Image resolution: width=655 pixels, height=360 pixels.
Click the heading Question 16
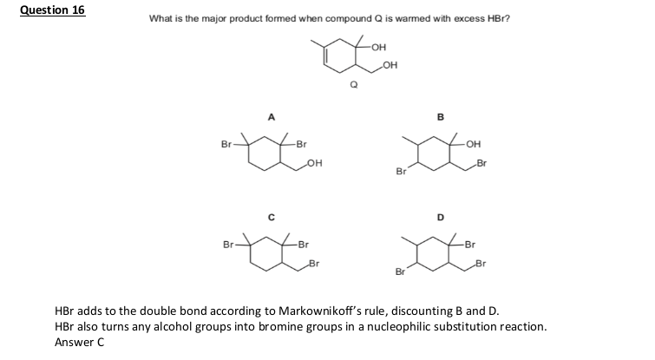(53, 10)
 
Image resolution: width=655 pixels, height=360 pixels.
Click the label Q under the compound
(354, 85)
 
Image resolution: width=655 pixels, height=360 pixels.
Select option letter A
(272, 117)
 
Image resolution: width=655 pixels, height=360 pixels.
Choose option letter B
(441, 117)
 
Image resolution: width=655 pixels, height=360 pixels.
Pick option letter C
(272, 218)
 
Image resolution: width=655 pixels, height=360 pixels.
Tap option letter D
(441, 218)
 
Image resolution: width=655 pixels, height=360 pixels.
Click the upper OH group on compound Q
(378, 47)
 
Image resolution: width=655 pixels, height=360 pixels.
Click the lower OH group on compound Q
(390, 65)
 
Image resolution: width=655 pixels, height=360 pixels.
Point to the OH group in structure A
(315, 163)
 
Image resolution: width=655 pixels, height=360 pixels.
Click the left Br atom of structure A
(226, 145)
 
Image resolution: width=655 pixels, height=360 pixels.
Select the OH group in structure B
(474, 144)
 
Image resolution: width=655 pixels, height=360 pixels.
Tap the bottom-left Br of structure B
(401, 171)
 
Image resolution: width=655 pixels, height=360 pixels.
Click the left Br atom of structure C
(228, 245)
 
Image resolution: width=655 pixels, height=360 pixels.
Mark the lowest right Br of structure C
(314, 264)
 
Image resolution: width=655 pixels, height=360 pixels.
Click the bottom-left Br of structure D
(400, 272)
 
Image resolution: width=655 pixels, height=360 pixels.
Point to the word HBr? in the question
(499, 19)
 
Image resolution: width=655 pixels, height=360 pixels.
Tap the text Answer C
(79, 343)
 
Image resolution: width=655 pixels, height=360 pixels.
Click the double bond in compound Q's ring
(324, 56)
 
